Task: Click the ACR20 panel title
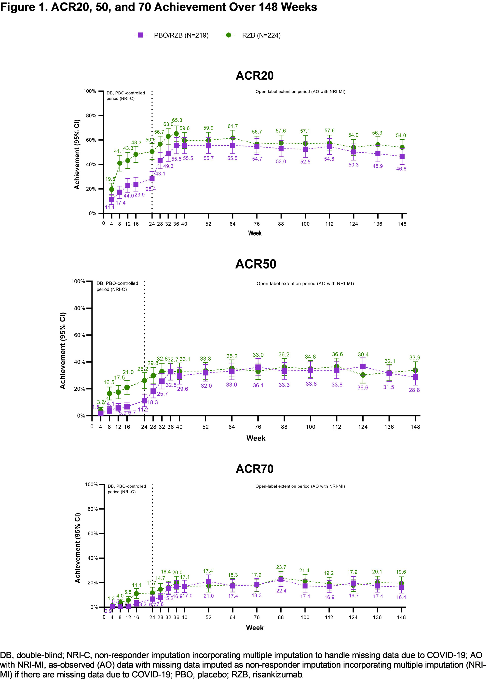[255, 75]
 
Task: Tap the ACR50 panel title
[256, 264]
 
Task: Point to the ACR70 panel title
[255, 469]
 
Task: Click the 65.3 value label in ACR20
[177, 120]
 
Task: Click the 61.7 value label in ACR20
[233, 126]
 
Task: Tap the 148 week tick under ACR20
[402, 224]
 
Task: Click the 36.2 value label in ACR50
[284, 354]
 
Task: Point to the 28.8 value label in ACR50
[414, 390]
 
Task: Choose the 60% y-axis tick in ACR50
[80, 335]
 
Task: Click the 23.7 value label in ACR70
[281, 567]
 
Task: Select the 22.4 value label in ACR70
[281, 591]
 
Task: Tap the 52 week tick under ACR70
[208, 617]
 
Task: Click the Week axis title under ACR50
[256, 438]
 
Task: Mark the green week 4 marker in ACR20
[111, 190]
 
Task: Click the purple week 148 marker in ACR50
[415, 377]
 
